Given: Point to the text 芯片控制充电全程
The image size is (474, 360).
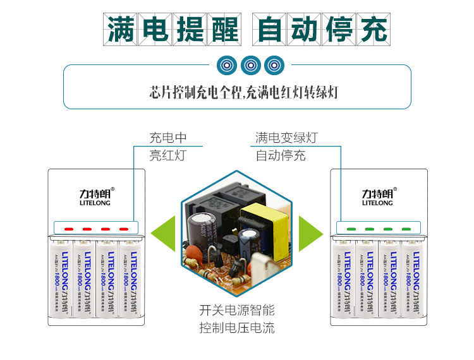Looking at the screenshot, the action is click(188, 92).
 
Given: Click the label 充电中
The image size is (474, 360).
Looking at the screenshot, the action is click(167, 138).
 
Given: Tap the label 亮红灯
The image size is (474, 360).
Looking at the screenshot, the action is click(167, 155).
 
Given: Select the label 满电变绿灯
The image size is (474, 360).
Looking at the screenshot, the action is click(286, 138).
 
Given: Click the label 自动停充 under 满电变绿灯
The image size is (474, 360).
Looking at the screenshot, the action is click(281, 155).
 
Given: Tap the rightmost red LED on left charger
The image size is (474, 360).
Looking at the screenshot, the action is click(124, 229).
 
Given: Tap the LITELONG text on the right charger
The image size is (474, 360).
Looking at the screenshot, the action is click(377, 203).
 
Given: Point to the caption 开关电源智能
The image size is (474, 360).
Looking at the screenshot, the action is click(237, 311).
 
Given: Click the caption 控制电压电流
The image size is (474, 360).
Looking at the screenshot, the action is click(237, 328).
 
